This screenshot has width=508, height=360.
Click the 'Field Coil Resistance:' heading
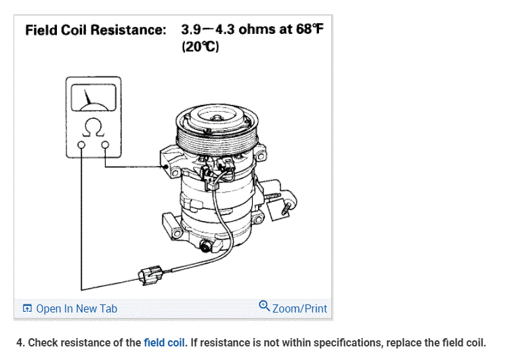pyautogui.click(x=96, y=31)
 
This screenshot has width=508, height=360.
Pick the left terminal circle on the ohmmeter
pyautogui.click(x=81, y=144)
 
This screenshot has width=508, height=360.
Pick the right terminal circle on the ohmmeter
pyautogui.click(x=104, y=144)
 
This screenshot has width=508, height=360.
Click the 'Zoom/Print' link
pyautogui.click(x=299, y=308)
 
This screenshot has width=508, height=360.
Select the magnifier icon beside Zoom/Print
pyautogui.click(x=264, y=307)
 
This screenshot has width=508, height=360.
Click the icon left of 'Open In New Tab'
pyautogui.click(x=27, y=309)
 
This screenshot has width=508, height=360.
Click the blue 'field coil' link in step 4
pyautogui.click(x=165, y=342)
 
